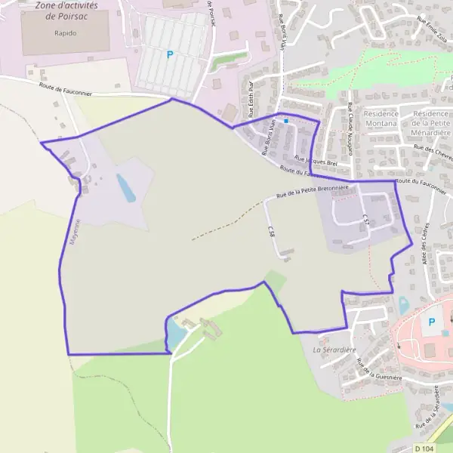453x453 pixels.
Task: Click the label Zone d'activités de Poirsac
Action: [x=66, y=10]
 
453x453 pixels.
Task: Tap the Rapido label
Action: [x=66, y=33]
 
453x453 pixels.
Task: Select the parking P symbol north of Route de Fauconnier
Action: [x=170, y=54]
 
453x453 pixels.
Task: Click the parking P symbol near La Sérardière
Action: [x=432, y=322]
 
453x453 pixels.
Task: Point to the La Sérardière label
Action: [x=334, y=350]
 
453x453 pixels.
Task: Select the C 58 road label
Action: [x=270, y=232]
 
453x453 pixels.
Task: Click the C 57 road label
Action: [x=366, y=220]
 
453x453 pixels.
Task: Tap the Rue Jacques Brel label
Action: [x=315, y=160]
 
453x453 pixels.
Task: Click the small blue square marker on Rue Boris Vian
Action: [x=286, y=121]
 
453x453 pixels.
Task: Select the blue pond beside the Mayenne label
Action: [x=125, y=188]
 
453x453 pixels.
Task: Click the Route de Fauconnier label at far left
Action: [x=66, y=90]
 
